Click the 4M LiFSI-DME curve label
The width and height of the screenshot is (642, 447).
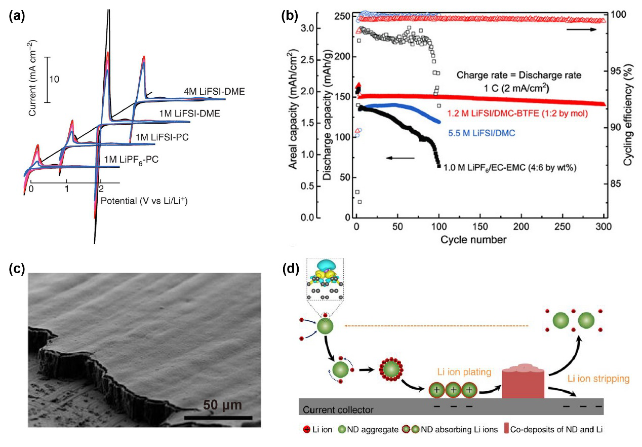pos(214,91)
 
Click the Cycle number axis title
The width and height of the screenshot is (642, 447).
pos(480,239)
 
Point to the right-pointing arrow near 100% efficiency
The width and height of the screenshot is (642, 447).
pos(582,30)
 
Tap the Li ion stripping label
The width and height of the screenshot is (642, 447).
pos(597,378)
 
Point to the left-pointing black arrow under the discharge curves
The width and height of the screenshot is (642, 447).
pos(400,158)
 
